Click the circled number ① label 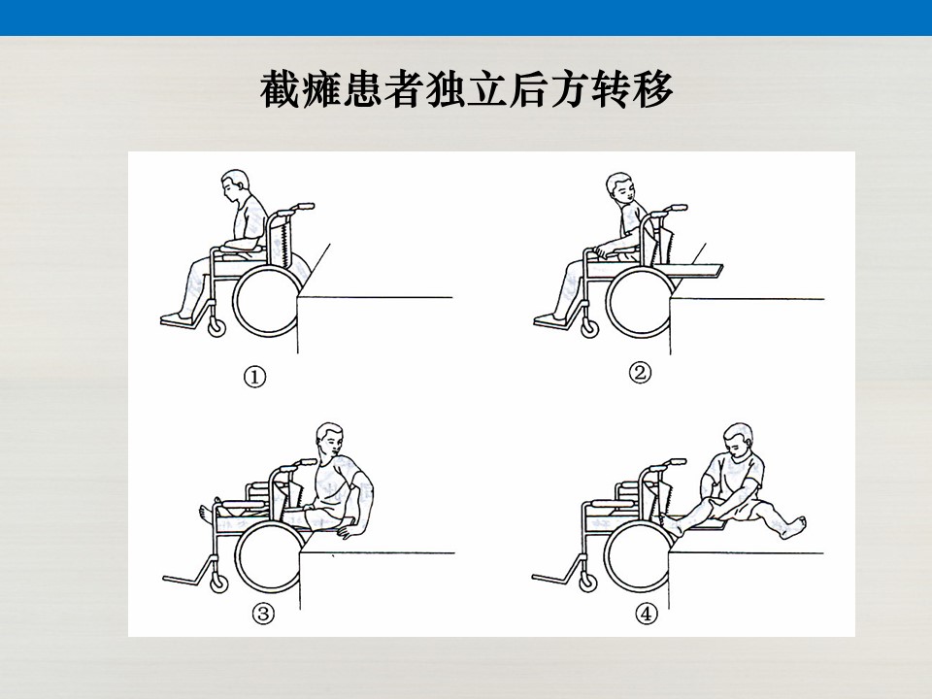click(x=255, y=377)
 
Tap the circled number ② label click(x=640, y=373)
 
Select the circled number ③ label click(x=264, y=613)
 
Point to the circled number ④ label click(x=647, y=613)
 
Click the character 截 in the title click(x=280, y=89)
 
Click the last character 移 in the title click(x=652, y=89)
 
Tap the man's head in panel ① click(x=234, y=184)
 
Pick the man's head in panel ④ click(x=738, y=441)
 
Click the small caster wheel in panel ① click(x=216, y=327)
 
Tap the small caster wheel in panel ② click(x=589, y=327)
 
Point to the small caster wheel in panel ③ click(x=218, y=583)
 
